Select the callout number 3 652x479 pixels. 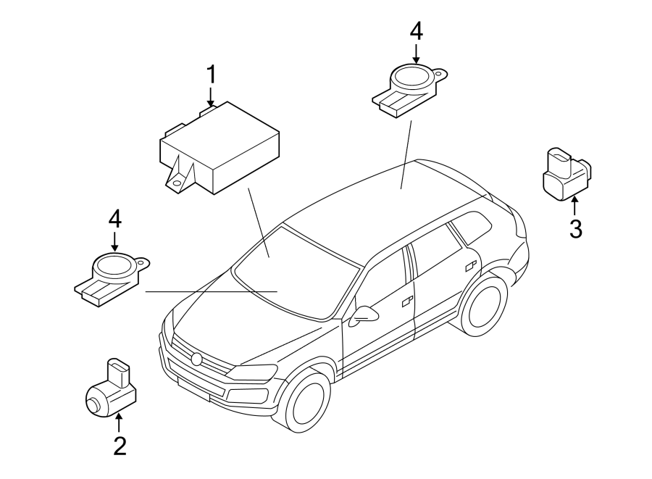click(574, 229)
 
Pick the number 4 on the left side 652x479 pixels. click(114, 219)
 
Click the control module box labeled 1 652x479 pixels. click(217, 149)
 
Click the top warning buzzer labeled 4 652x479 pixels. click(409, 86)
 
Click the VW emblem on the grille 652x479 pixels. click(196, 359)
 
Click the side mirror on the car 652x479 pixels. click(364, 315)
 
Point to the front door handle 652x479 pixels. click(407, 299)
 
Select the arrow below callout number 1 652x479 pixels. click(211, 97)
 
